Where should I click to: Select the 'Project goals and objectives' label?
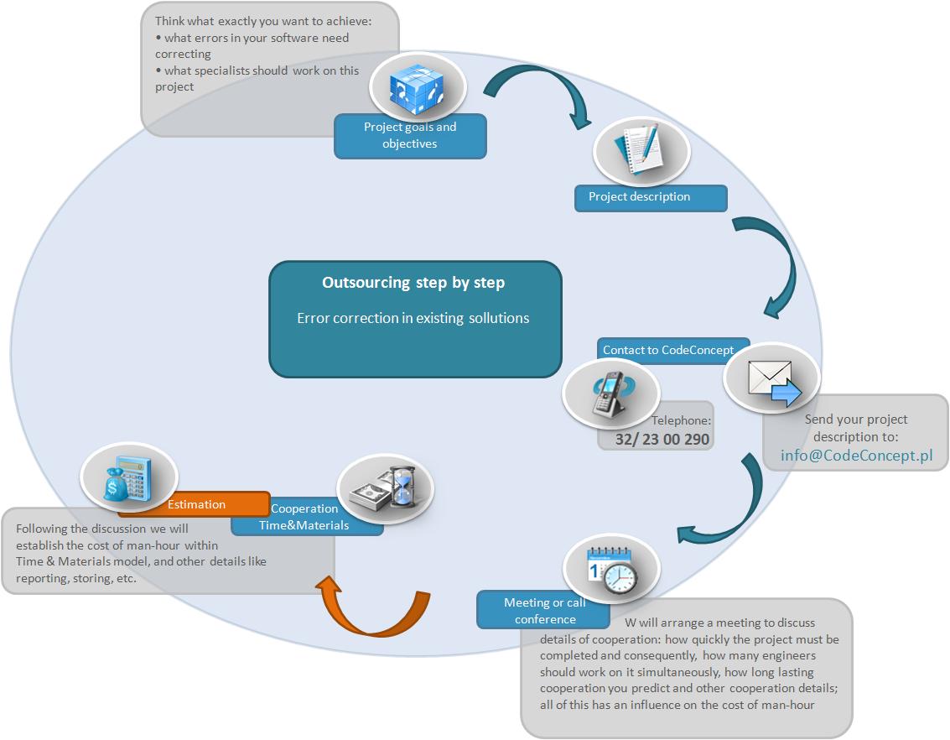pos(410,135)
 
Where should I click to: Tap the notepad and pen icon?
pos(640,149)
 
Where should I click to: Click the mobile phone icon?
pos(611,394)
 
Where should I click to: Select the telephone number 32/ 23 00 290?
pos(662,439)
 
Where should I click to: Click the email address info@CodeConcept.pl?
pos(857,455)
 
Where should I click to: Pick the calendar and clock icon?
pos(611,570)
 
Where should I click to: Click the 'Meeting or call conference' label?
pos(545,610)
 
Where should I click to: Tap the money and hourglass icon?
pos(386,487)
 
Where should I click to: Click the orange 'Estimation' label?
pos(196,504)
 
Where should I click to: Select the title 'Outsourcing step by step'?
pos(413,283)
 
